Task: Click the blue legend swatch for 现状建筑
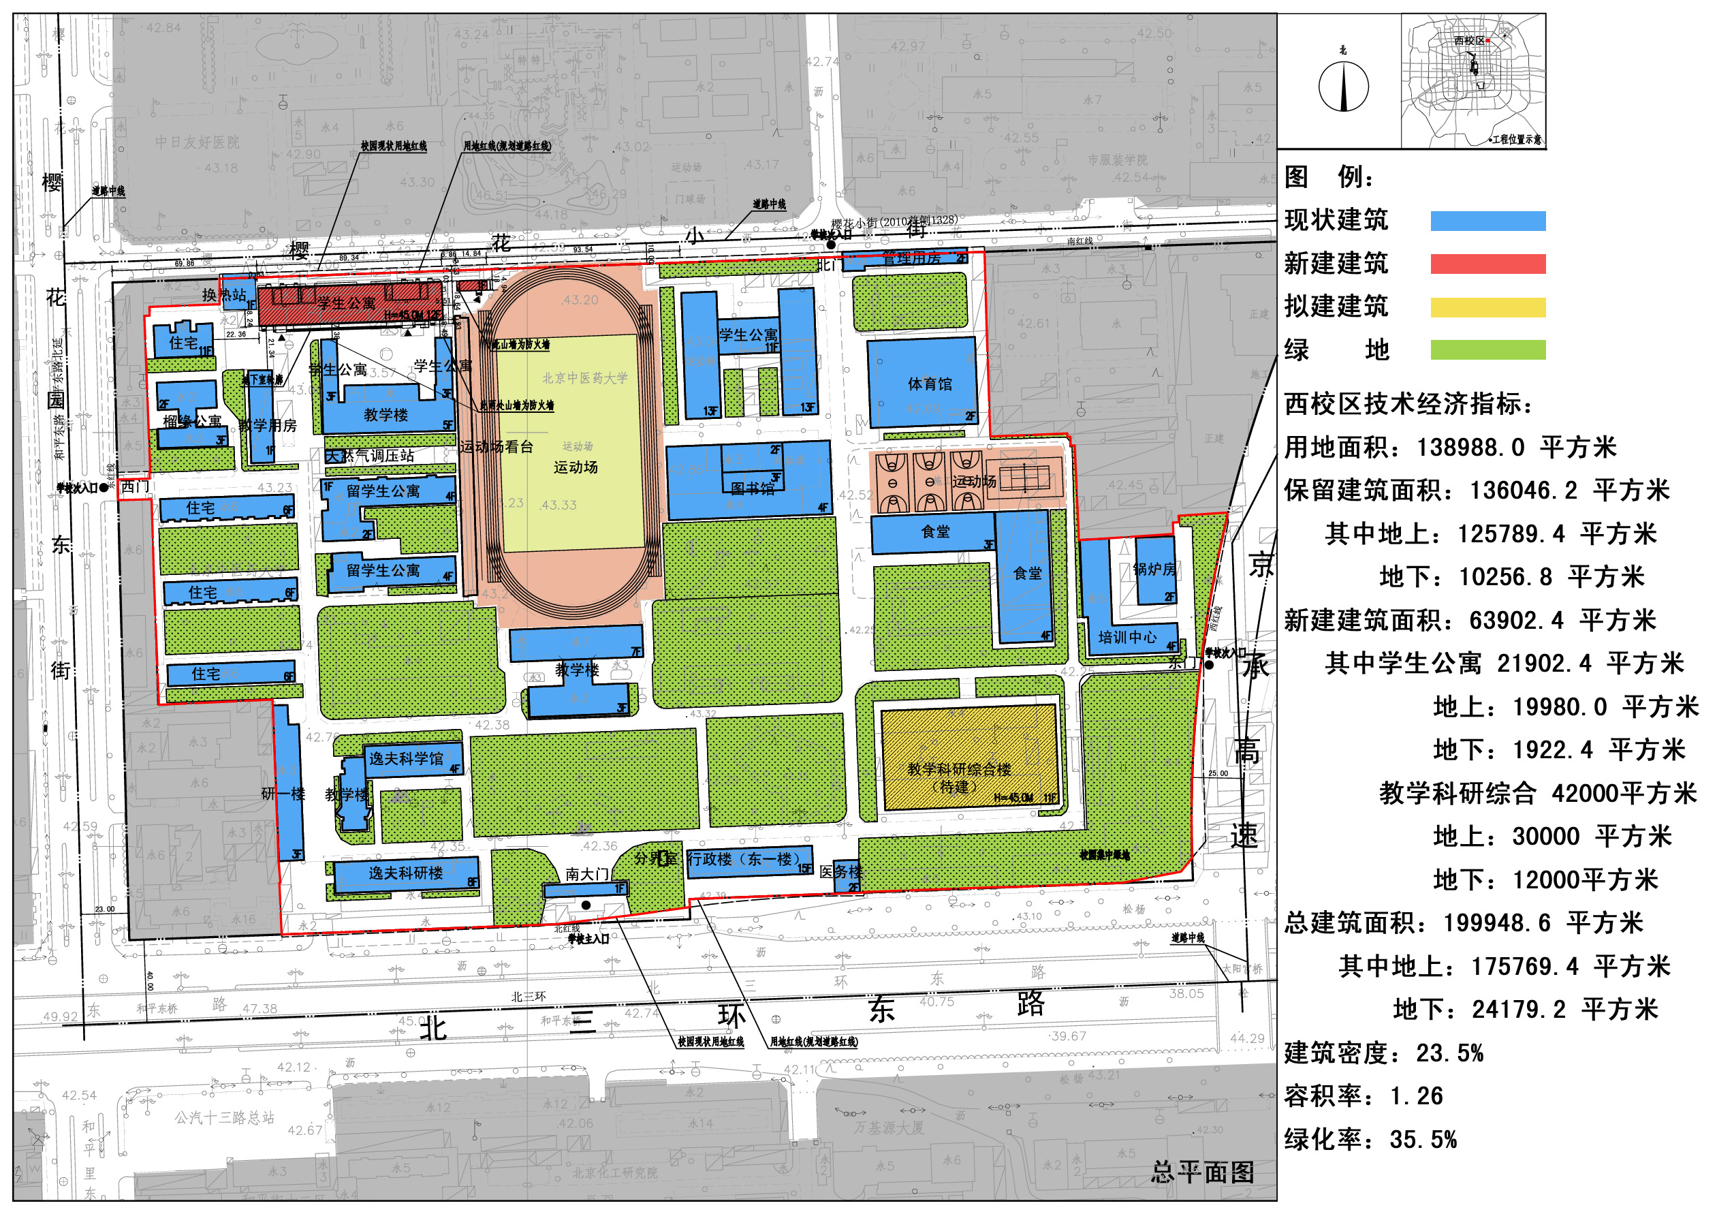(1487, 221)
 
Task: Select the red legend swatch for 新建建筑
(1487, 264)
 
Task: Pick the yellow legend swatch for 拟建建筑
(1487, 307)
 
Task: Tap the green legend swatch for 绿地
(1487, 350)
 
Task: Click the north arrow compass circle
(1343, 87)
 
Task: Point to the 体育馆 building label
(930, 384)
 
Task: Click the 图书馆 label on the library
(753, 489)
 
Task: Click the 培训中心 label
(1127, 637)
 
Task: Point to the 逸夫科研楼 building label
(405, 873)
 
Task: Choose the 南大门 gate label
(587, 873)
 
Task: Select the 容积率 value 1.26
(1417, 1096)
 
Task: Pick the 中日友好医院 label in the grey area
(198, 142)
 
